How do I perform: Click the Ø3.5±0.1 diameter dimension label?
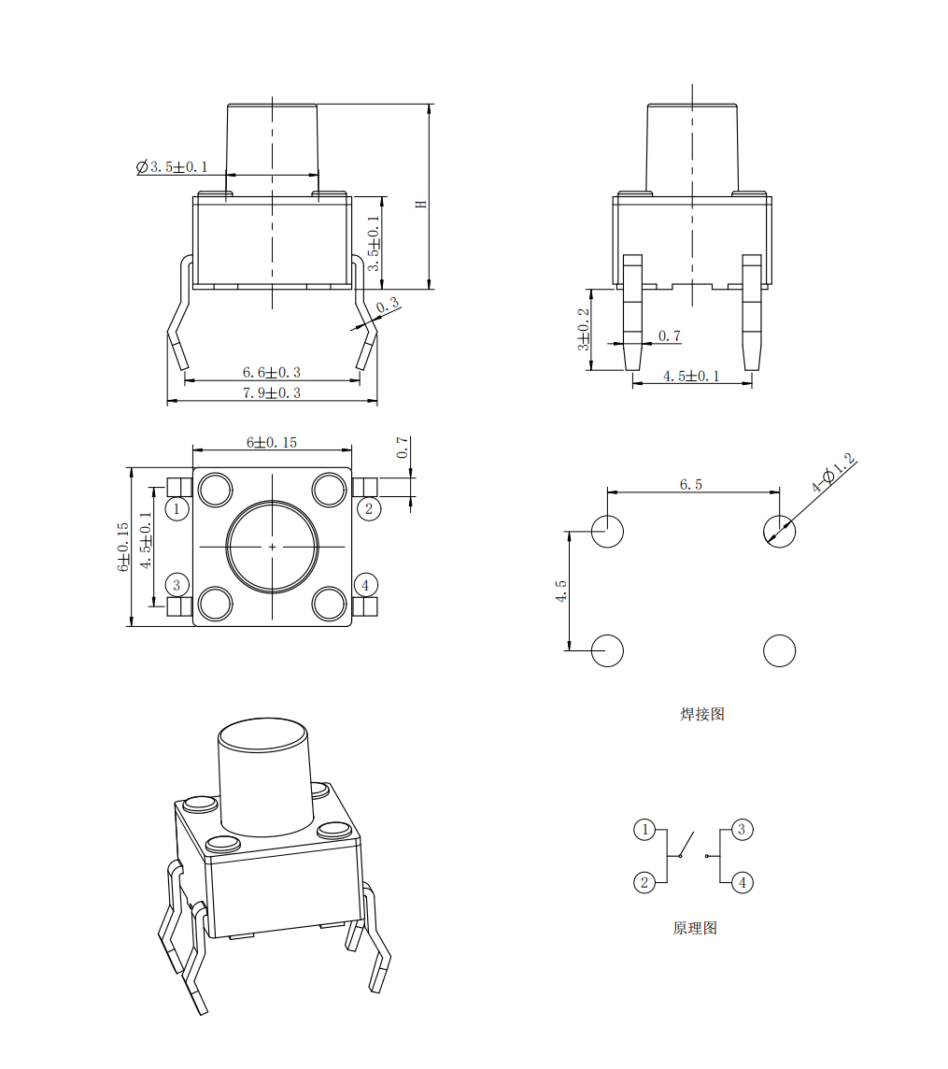[x=172, y=167]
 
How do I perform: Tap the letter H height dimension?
[x=421, y=204]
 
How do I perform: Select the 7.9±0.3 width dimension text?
[x=271, y=392]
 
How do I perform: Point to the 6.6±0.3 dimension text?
[x=271, y=372]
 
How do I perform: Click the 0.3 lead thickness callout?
[x=387, y=305]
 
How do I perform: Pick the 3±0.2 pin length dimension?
[x=584, y=329]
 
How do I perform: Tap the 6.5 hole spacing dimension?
[x=690, y=484]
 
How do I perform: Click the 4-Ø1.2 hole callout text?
[x=833, y=472]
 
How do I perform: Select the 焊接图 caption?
[x=702, y=714]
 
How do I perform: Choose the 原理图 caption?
[x=695, y=928]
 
